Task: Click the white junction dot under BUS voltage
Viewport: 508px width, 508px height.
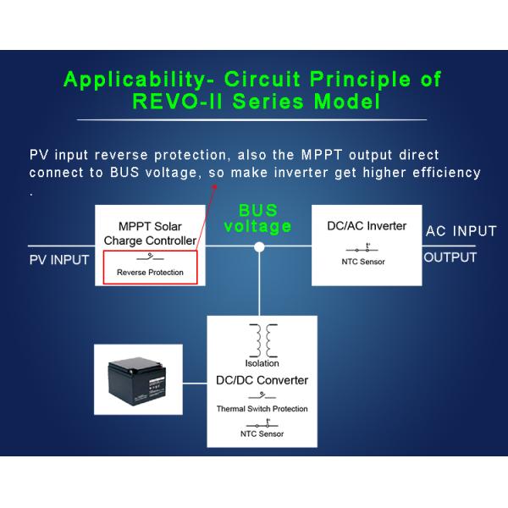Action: pyautogui.click(x=260, y=247)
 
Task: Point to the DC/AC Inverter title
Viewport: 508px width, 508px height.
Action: pyautogui.click(x=366, y=226)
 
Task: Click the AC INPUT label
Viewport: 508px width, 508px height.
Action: pyautogui.click(x=461, y=231)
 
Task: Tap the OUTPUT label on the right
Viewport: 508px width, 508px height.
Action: pyautogui.click(x=450, y=257)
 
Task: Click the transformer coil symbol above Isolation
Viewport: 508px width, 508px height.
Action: pyautogui.click(x=261, y=340)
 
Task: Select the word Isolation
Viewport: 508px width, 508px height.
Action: pyautogui.click(x=261, y=363)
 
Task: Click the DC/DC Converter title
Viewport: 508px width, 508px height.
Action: pyautogui.click(x=261, y=380)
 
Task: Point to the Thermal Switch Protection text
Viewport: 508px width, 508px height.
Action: pyautogui.click(x=261, y=409)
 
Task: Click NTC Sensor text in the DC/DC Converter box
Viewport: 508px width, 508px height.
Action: pyautogui.click(x=261, y=433)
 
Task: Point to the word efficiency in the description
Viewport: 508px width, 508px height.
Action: pyautogui.click(x=444, y=173)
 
